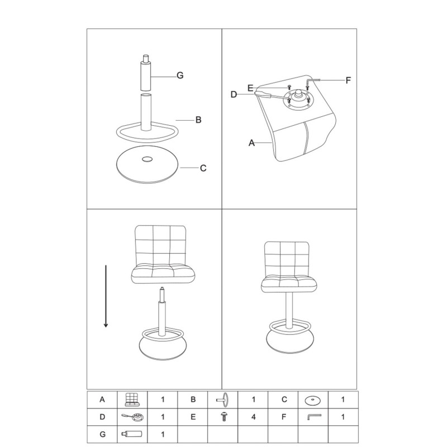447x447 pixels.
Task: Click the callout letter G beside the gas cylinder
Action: (x=180, y=75)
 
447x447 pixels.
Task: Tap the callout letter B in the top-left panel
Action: (x=198, y=120)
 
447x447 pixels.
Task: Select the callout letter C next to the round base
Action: (x=203, y=168)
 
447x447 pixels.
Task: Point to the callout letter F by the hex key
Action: (x=348, y=80)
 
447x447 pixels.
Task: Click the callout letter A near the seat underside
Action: (x=251, y=143)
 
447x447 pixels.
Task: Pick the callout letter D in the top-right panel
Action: (x=234, y=94)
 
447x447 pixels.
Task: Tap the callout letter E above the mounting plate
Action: (x=250, y=88)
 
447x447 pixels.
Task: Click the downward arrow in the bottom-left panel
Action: (x=106, y=296)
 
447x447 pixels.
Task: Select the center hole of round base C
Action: (x=147, y=159)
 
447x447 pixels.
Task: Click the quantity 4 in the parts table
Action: (x=254, y=417)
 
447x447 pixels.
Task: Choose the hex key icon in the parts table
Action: (x=314, y=417)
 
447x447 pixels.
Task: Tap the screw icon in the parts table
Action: (x=224, y=417)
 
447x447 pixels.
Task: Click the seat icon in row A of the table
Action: (x=132, y=400)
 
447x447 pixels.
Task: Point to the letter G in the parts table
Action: (x=102, y=435)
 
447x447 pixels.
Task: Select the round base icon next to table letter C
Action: (x=313, y=400)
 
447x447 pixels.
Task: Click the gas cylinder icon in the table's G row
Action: (x=132, y=435)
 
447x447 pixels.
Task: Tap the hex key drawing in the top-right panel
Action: (x=313, y=80)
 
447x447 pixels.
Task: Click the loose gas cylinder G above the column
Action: (x=146, y=73)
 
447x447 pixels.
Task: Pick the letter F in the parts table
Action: (x=284, y=417)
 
